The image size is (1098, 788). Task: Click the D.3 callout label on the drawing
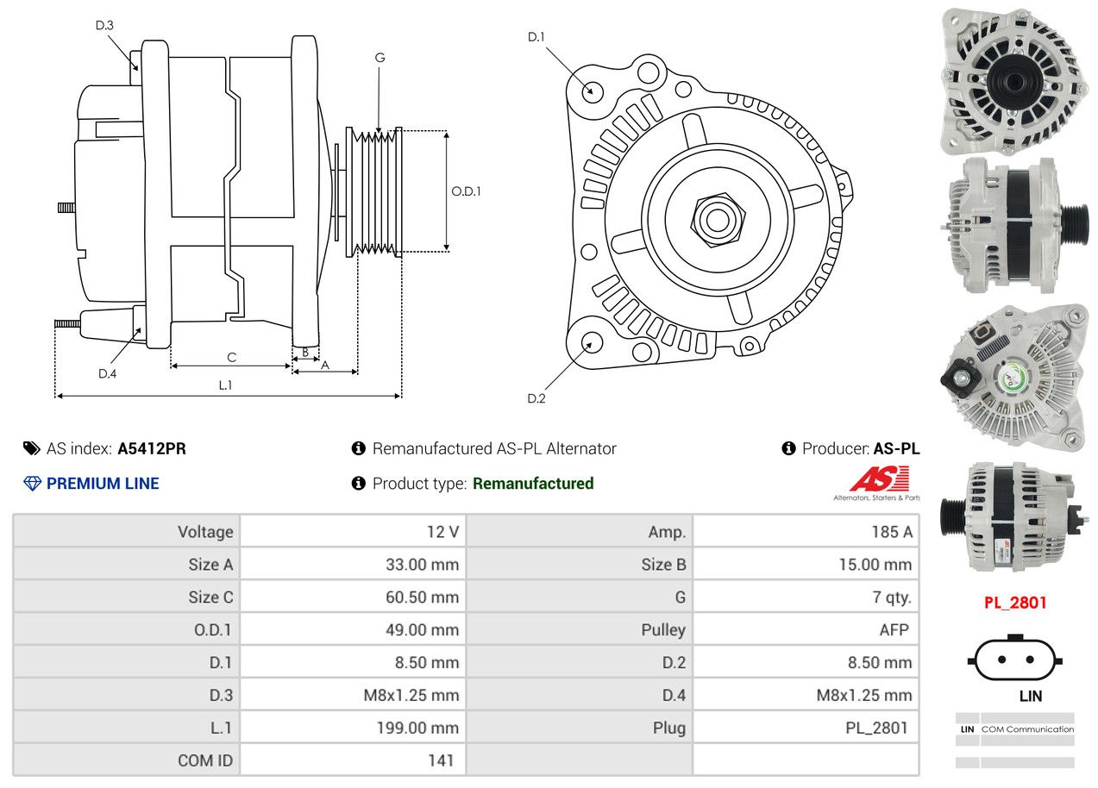(104, 25)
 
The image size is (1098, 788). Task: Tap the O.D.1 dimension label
(466, 191)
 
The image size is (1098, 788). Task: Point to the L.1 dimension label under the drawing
(224, 385)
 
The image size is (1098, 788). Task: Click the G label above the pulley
(380, 58)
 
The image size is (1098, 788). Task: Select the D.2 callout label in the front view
(536, 398)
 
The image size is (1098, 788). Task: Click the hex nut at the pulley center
(714, 219)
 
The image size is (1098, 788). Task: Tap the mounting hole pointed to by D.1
(593, 91)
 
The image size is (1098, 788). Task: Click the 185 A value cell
(806, 532)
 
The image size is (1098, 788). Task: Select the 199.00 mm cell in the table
(353, 728)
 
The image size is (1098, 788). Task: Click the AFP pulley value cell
(806, 629)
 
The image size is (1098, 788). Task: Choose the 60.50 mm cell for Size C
(353, 597)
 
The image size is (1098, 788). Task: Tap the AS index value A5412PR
(152, 448)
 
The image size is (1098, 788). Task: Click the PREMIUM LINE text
(103, 484)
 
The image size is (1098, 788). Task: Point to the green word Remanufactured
(533, 484)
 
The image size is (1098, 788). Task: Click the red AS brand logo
(879, 479)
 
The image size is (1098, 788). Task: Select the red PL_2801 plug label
(1015, 603)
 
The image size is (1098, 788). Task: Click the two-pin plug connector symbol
(1015, 660)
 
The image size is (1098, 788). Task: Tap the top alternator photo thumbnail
(1013, 80)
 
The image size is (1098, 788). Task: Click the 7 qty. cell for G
(806, 597)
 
